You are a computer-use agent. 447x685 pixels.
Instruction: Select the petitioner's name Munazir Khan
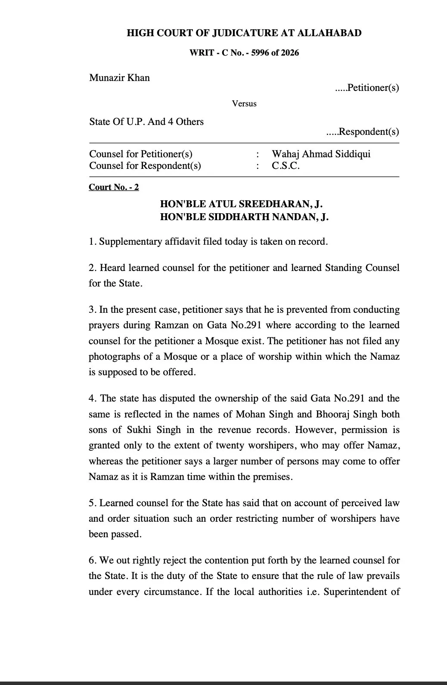tap(119, 78)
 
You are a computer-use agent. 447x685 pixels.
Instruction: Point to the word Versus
tap(244, 104)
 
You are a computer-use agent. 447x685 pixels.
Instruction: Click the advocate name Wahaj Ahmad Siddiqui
tap(321, 154)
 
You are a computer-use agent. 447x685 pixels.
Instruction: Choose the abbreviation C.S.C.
tap(286, 166)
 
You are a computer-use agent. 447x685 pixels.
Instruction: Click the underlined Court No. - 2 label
tap(114, 187)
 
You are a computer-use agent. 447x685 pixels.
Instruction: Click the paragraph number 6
tap(91, 560)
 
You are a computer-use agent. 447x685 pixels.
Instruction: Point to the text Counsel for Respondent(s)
tap(145, 166)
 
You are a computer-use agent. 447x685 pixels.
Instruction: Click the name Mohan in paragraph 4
tap(250, 414)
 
